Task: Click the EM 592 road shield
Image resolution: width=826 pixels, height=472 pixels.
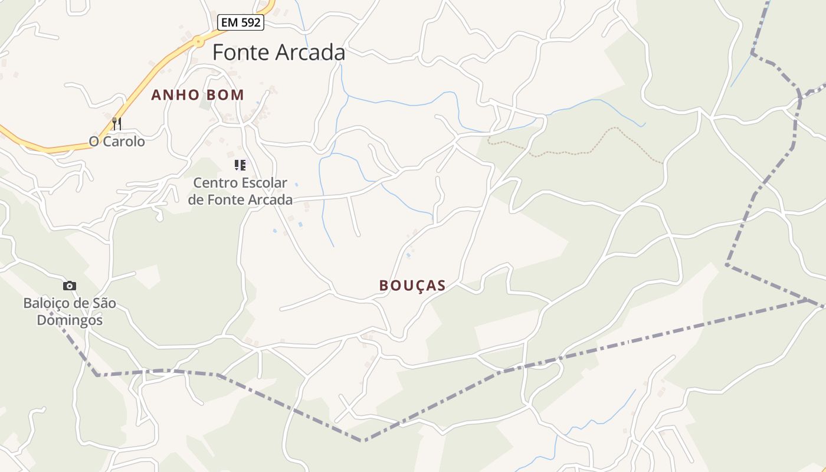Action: click(x=241, y=23)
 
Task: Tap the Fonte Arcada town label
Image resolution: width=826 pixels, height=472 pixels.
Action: click(x=278, y=53)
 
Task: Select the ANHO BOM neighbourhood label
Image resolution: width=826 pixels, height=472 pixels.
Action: click(x=198, y=95)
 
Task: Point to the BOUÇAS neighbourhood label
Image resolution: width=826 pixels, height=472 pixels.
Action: click(x=412, y=286)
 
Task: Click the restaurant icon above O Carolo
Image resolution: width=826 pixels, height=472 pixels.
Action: click(x=117, y=123)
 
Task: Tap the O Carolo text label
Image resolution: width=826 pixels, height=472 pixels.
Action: click(x=117, y=142)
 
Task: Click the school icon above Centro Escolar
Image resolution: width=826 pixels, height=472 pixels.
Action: click(x=240, y=165)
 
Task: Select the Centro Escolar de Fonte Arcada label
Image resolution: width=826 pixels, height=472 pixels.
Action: click(x=240, y=191)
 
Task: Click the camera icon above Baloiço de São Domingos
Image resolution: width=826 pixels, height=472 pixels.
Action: click(x=70, y=286)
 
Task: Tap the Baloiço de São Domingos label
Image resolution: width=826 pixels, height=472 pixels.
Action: click(x=70, y=312)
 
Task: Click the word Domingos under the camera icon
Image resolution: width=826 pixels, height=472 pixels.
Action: click(x=70, y=320)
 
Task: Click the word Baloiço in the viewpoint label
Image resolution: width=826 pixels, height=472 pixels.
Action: click(x=44, y=303)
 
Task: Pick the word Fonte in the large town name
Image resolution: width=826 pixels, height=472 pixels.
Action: click(x=237, y=53)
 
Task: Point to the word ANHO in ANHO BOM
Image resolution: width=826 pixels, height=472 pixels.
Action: click(x=172, y=95)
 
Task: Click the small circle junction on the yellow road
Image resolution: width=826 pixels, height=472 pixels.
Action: click(x=199, y=42)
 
